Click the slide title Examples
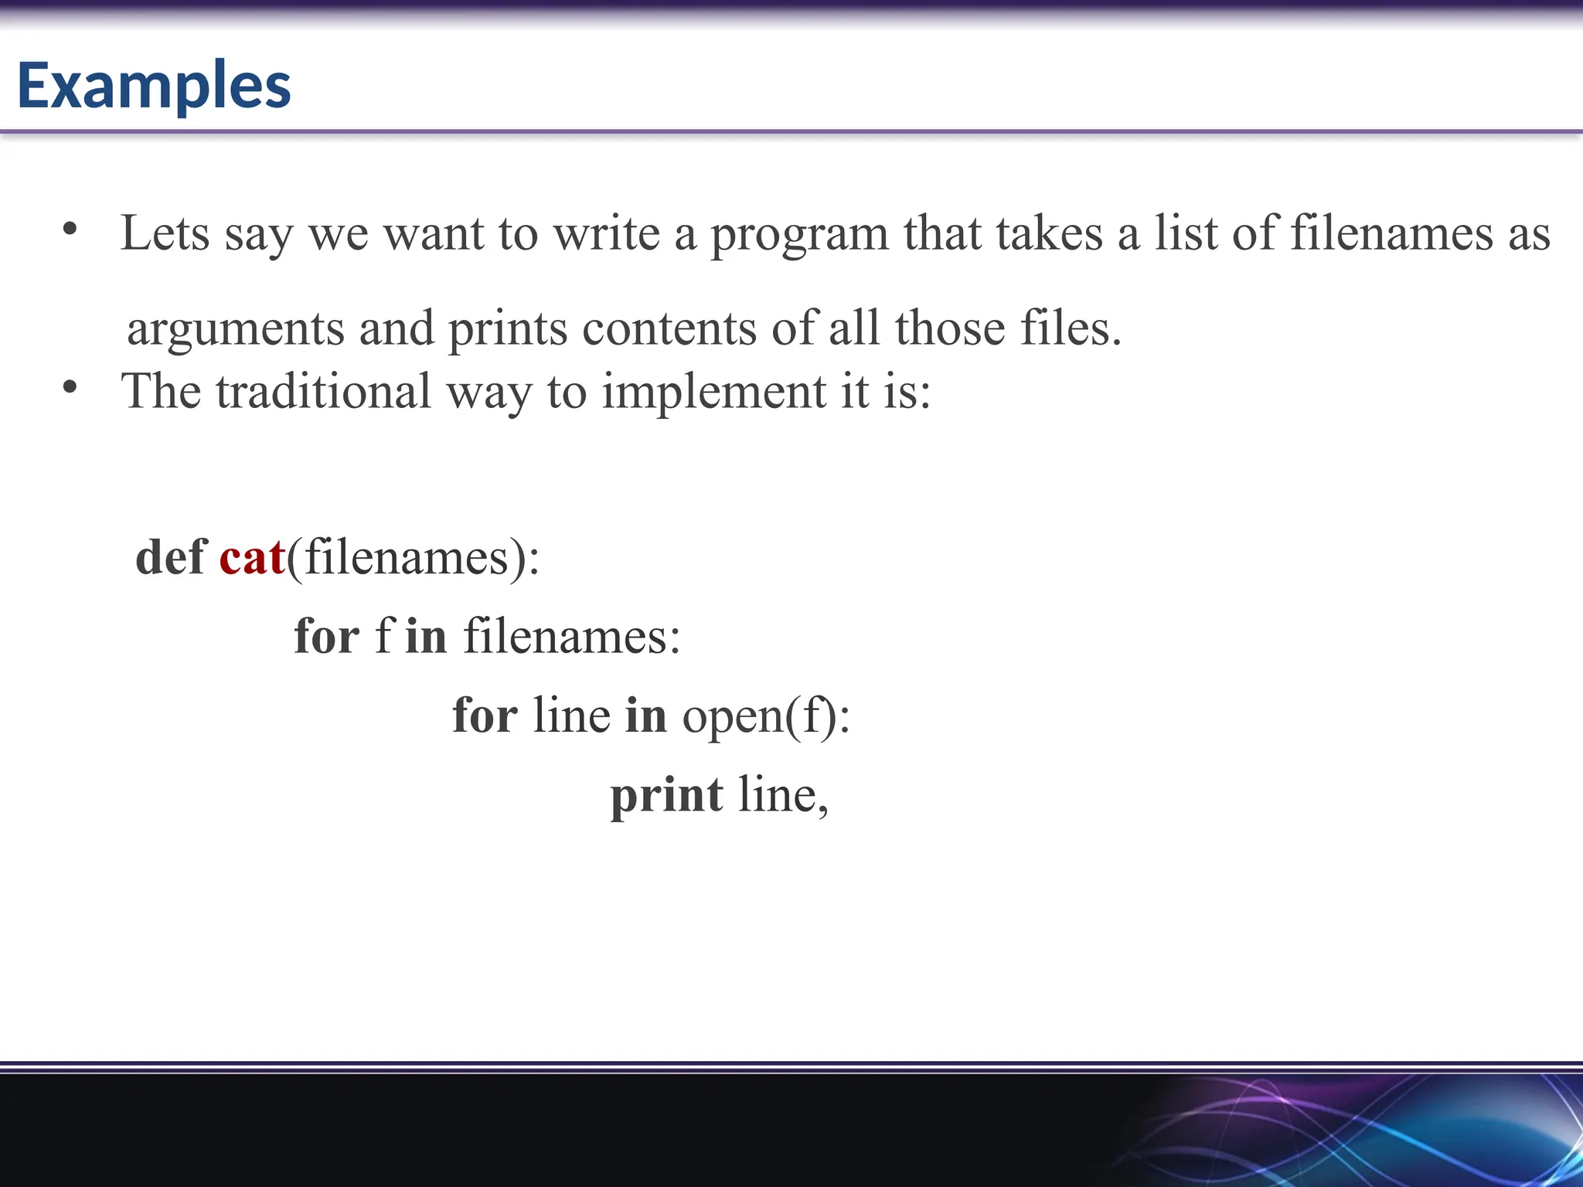(154, 85)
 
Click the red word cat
(252, 557)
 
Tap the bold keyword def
(170, 557)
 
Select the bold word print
(666, 795)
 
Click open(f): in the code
(766, 716)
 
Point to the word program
(799, 233)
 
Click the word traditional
(323, 391)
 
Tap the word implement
(714, 391)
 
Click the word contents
(669, 328)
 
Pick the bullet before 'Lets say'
(70, 229)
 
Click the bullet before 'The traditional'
(70, 387)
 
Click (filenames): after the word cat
(413, 557)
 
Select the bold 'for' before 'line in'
(485, 715)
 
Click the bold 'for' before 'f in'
(326, 636)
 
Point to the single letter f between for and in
(383, 636)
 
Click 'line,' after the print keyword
(783, 795)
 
